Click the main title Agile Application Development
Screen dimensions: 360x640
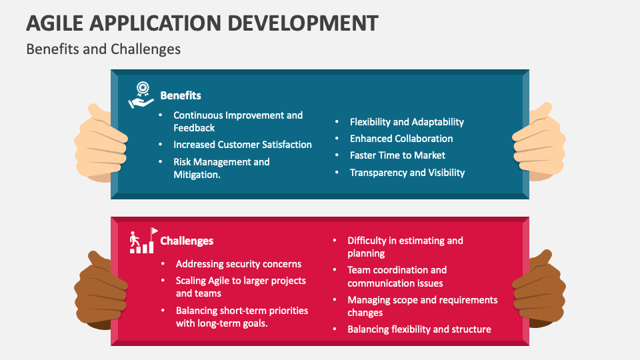tap(202, 22)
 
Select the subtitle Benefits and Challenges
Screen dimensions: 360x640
tap(103, 49)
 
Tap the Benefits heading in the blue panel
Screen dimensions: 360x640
tap(181, 95)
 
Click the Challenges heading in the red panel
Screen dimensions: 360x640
tap(187, 241)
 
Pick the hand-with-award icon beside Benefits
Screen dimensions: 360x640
tap(141, 95)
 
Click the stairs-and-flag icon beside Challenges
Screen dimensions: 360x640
tap(142, 241)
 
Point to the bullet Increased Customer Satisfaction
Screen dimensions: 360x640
tap(242, 145)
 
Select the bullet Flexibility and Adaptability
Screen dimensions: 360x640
tap(407, 122)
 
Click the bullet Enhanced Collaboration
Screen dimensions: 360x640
tap(401, 139)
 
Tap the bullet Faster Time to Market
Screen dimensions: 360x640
tap(397, 155)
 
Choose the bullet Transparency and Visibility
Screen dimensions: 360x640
tap(407, 172)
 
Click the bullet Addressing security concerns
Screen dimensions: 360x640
tap(239, 264)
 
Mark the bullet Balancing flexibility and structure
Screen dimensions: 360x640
tap(419, 329)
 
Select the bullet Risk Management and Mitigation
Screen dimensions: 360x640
tap(221, 168)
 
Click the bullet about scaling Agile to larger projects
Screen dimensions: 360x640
tap(241, 287)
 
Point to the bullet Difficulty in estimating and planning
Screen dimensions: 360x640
tap(405, 247)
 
